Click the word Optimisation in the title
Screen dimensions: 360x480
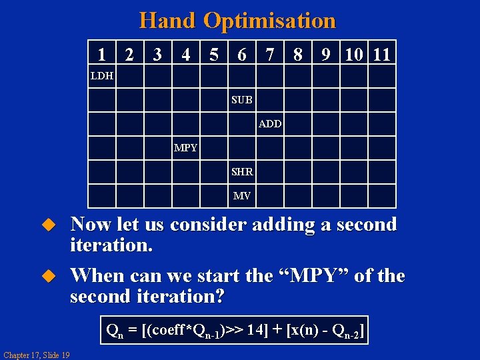pos(269,21)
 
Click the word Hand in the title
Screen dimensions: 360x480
pos(168,21)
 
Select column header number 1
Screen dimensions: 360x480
pos(101,55)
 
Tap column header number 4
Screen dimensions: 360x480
pos(186,55)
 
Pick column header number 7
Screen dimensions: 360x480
pos(269,55)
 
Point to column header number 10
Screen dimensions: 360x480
pos(353,55)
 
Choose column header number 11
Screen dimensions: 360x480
pos(382,55)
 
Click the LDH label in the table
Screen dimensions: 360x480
pos(102,76)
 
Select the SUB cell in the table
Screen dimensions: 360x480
pos(242,100)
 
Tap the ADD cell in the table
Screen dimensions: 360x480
pos(270,124)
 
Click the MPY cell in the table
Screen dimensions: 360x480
pos(185,148)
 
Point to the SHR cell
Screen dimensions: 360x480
pos(242,172)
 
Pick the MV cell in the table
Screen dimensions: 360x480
pos(242,196)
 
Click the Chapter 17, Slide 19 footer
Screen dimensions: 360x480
pos(36,354)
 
